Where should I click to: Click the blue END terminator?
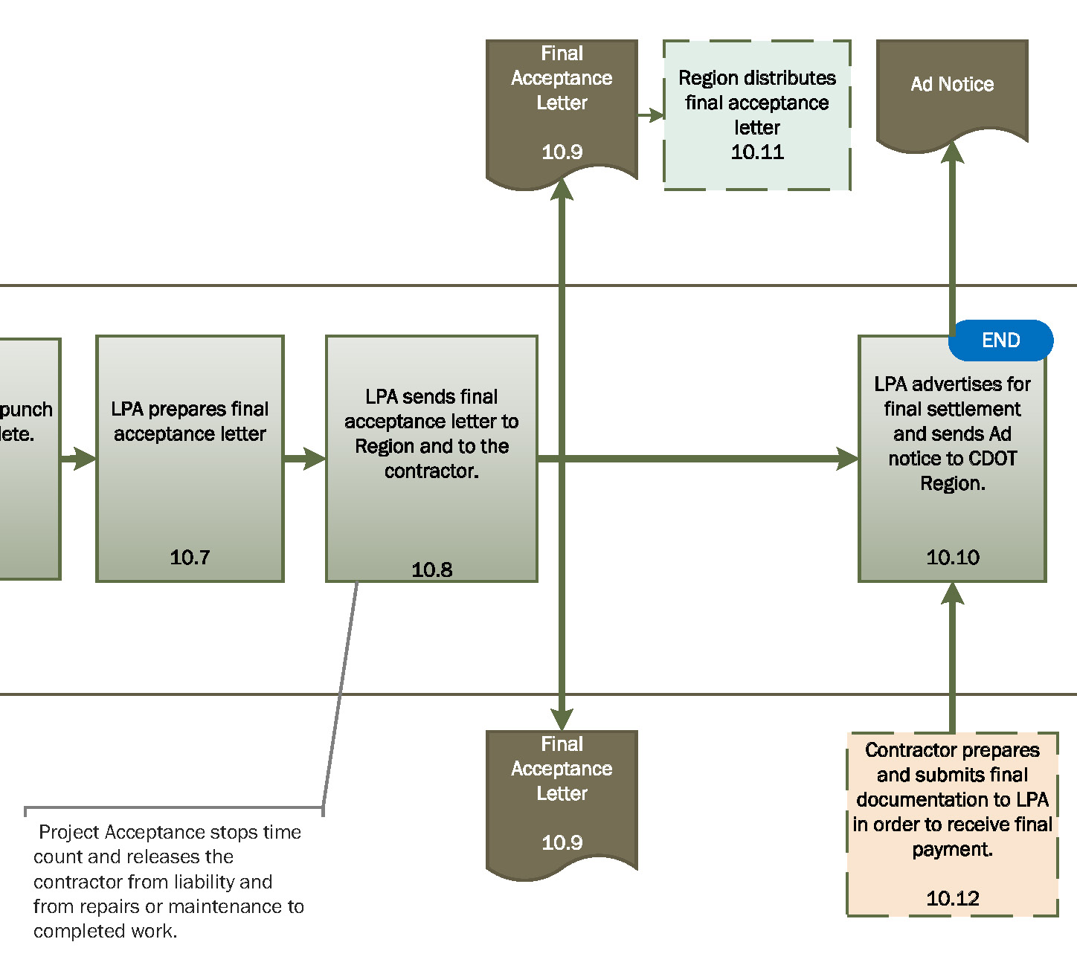[1000, 341]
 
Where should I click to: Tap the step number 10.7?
[190, 557]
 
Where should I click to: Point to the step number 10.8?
[431, 570]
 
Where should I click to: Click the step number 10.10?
[952, 557]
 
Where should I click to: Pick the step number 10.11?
[757, 152]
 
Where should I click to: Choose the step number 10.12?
[952, 898]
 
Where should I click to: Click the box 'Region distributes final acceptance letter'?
[757, 115]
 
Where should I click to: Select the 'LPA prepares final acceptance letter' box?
[190, 458]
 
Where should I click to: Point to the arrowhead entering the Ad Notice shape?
[952, 152]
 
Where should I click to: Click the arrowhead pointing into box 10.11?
[655, 115]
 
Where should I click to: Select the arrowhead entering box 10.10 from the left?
[848, 458]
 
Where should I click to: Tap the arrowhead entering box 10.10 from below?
[952, 593]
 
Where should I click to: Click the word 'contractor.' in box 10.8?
[431, 471]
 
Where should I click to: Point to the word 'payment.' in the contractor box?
[952, 849]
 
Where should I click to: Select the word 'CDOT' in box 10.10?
[993, 458]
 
